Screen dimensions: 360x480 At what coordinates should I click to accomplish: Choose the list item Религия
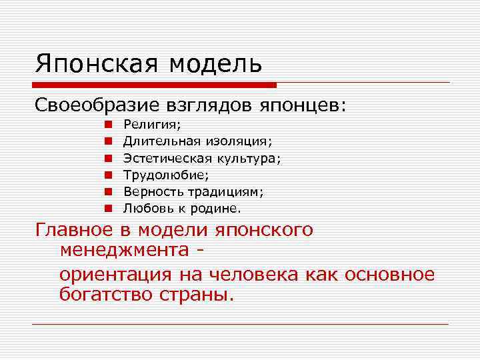point(152,124)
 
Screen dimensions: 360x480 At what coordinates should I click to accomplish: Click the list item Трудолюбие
point(165,175)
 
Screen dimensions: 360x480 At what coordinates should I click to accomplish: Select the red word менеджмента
point(124,251)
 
